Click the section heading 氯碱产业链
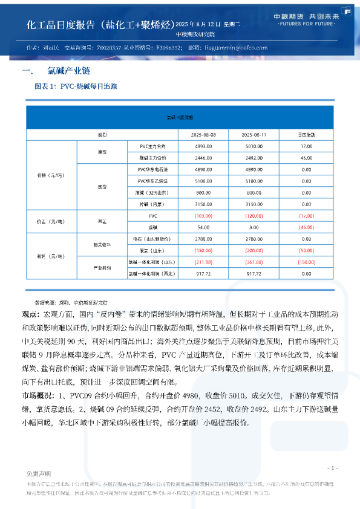[64, 71]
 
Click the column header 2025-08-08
[200, 134]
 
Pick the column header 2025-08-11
[250, 134]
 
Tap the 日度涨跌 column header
[306, 134]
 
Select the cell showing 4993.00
[200, 146]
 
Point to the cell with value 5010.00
[250, 146]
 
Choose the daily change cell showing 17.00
[306, 146]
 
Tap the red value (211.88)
[200, 262]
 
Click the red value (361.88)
[250, 262]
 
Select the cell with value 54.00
[200, 227]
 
